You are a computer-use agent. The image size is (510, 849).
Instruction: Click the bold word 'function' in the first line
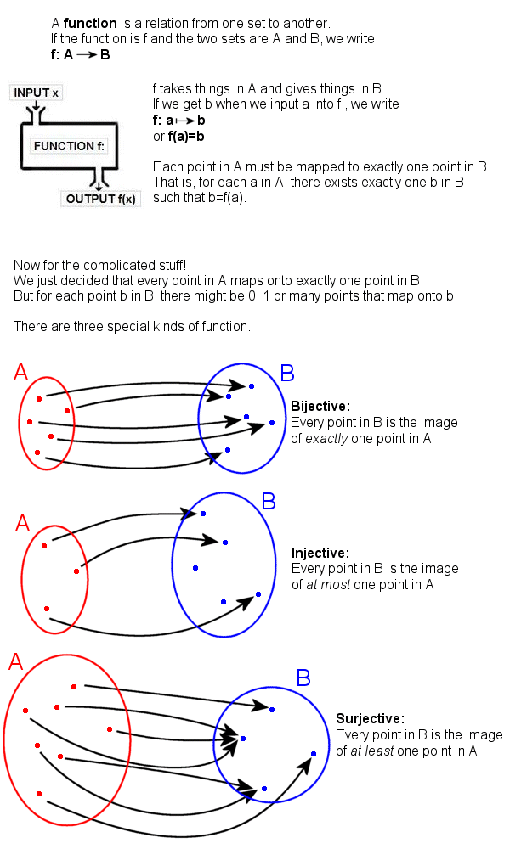[x=89, y=23]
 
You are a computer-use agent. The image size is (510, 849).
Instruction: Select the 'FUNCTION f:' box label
[x=70, y=146]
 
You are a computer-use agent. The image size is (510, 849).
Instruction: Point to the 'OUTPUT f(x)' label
[x=101, y=200]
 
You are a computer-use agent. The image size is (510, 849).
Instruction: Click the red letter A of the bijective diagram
[x=21, y=373]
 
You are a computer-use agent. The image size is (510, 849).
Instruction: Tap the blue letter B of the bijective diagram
[x=287, y=373]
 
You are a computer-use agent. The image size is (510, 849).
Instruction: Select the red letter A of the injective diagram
[x=22, y=523]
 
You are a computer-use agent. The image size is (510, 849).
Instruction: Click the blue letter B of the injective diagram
[x=269, y=501]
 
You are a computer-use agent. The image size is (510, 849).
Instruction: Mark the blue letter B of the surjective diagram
[x=303, y=678]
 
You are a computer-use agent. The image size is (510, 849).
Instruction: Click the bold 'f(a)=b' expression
[x=187, y=136]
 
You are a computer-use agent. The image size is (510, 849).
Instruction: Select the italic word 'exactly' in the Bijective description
[x=325, y=438]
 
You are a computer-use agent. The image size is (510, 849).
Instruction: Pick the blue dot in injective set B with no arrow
[x=195, y=567]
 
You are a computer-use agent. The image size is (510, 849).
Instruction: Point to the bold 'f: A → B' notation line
[x=80, y=54]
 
